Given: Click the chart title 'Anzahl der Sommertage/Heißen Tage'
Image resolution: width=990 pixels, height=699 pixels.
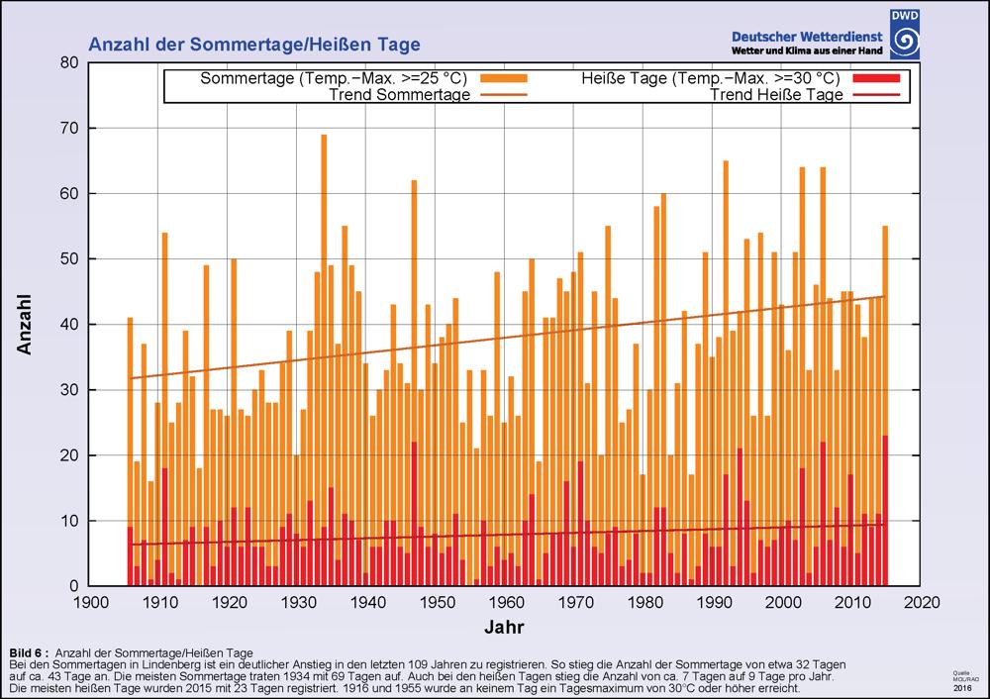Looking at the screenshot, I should click(x=254, y=45).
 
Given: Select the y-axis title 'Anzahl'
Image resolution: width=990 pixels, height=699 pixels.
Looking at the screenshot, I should click(x=26, y=324).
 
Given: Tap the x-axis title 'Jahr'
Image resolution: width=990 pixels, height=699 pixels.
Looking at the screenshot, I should click(x=505, y=627).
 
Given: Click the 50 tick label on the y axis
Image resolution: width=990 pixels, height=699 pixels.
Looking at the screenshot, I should click(x=68, y=258).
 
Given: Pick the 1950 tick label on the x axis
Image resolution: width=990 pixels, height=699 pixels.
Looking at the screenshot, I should click(x=438, y=602).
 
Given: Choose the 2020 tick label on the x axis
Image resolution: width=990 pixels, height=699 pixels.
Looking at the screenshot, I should click(x=924, y=602).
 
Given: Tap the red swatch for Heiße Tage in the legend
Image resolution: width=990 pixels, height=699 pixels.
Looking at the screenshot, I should click(x=874, y=78).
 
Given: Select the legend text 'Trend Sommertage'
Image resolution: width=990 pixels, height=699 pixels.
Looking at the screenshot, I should click(x=399, y=95).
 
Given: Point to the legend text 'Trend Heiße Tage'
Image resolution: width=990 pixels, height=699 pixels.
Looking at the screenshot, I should click(x=777, y=95).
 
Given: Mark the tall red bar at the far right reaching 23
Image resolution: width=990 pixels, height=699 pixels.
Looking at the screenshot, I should click(x=885, y=510).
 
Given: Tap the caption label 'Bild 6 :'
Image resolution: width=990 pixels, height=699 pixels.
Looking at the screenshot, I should click(x=29, y=652).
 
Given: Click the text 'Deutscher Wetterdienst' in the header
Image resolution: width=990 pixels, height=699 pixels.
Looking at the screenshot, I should click(x=807, y=36).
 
